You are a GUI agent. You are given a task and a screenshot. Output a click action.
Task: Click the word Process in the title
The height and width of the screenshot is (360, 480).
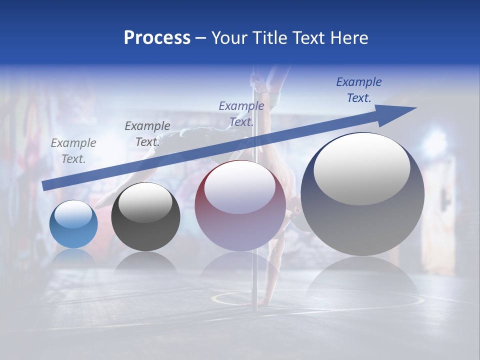click(x=157, y=37)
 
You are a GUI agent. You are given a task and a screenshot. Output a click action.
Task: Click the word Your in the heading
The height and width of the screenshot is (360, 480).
click(x=230, y=37)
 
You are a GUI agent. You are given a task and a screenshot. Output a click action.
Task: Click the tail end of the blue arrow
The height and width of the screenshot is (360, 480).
click(x=44, y=186)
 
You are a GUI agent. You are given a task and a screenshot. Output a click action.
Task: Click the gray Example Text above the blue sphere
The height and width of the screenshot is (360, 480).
click(x=73, y=151)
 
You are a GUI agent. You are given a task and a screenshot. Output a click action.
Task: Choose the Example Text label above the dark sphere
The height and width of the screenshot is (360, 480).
click(x=147, y=134)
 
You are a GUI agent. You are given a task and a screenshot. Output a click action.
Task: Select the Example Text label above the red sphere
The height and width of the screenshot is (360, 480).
click(x=241, y=114)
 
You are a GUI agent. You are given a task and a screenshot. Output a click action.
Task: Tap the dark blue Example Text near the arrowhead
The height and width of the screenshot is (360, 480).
click(x=359, y=90)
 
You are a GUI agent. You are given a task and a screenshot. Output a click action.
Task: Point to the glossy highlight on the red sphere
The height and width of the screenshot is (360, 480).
click(x=240, y=188)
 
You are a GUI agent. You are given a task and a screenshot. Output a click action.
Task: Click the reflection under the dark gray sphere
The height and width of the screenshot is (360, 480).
click(x=145, y=263)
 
